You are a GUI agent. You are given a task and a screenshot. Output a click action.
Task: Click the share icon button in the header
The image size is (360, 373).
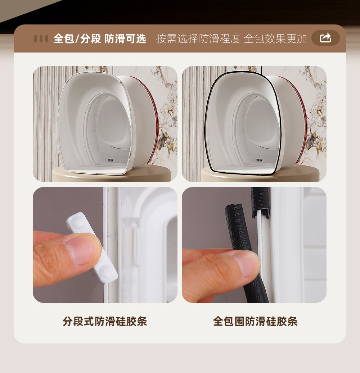pyautogui.click(x=325, y=38)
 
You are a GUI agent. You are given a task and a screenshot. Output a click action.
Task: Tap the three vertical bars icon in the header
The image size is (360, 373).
pyautogui.click(x=41, y=38)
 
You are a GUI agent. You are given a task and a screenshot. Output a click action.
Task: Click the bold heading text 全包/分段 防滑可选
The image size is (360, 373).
pyautogui.click(x=100, y=39)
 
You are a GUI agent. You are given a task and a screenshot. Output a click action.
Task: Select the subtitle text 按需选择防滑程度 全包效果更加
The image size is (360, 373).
pyautogui.click(x=231, y=39)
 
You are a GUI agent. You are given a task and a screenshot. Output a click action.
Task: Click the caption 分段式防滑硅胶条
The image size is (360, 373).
pyautogui.click(x=105, y=321)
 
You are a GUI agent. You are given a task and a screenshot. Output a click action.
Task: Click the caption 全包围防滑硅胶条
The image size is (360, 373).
pyautogui.click(x=255, y=321)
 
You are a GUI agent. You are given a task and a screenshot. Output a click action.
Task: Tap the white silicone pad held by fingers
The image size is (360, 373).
pyautogui.click(x=96, y=248)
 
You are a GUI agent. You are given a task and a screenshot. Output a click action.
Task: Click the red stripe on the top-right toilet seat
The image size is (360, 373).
pyautogui.click(x=305, y=119)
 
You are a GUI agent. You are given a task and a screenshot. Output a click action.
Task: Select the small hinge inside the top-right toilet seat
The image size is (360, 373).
pyautogui.click(x=259, y=159)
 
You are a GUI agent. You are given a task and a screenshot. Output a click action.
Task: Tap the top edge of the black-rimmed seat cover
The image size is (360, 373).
pyautogui.click(x=241, y=73)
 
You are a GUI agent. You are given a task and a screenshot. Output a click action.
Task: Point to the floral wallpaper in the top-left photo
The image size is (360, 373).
pyautogui.click(x=167, y=108)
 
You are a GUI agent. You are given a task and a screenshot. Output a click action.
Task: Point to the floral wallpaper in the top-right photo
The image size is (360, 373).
pyautogui.click(x=317, y=108)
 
